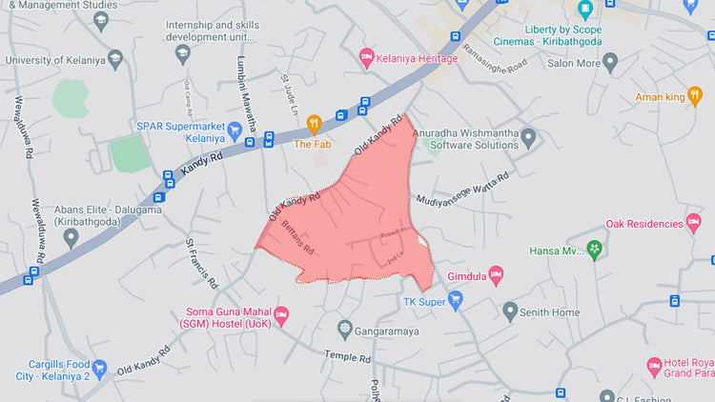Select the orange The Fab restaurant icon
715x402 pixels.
coord(314,124)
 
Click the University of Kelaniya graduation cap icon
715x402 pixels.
coord(116,59)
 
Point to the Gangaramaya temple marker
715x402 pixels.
coord(345,329)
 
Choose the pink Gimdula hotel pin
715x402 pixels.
coord(495,274)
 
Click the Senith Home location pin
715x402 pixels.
coord(510,312)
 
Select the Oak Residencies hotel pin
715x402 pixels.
coord(693,223)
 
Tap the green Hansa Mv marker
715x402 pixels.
coord(595,251)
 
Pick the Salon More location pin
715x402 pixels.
coord(610,63)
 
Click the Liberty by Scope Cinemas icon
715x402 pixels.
coord(584,10)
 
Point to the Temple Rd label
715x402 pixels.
coord(348,357)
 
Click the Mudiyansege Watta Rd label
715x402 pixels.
coord(461,189)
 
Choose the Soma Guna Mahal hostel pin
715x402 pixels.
coord(280,314)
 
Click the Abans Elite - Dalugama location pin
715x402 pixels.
coord(71,237)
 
